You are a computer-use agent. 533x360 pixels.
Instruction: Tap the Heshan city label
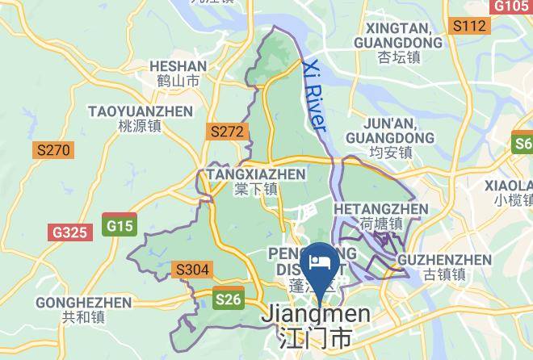178,73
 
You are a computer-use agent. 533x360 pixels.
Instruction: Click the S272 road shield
226,131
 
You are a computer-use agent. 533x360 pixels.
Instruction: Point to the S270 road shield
53,150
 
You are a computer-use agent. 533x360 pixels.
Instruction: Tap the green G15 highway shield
120,226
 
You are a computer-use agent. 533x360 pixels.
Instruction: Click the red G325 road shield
69,232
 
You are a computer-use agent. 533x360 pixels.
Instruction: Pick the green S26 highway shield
229,300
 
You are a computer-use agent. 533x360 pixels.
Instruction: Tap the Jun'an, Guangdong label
390,131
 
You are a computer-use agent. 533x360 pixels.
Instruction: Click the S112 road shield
469,27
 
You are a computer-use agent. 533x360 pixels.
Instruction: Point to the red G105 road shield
511,6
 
